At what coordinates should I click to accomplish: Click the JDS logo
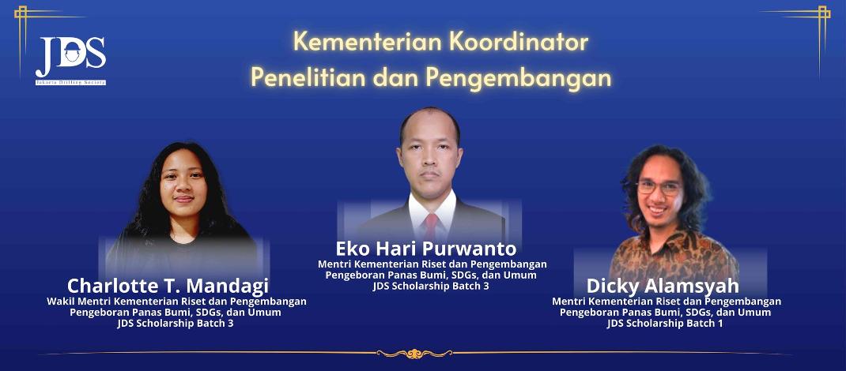70,60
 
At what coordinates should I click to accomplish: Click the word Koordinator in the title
518,43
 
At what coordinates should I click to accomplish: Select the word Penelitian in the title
314,78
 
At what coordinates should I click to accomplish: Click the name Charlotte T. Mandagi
168,286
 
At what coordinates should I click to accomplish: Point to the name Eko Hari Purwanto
426,249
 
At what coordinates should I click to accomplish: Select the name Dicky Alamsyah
663,286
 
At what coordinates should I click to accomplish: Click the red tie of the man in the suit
431,227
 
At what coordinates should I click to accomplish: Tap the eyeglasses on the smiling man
659,187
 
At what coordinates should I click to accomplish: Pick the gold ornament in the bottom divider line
414,353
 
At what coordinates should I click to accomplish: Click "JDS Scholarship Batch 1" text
665,323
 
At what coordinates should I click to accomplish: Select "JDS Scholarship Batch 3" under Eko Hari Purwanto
431,286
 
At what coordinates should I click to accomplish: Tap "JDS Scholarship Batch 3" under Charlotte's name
176,323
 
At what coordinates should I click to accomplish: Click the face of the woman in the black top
183,183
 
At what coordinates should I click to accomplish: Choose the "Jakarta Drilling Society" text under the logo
70,83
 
